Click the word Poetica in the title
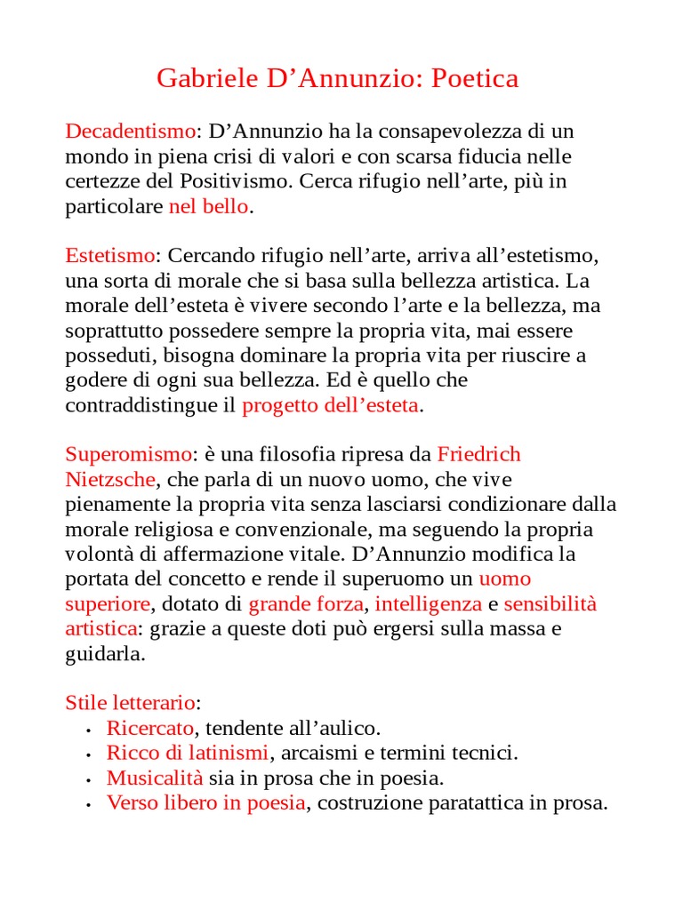coord(475,79)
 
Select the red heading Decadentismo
coord(130,132)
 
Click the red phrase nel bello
coord(208,207)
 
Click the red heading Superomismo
coord(128,455)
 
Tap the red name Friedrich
coord(478,455)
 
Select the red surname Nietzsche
coord(110,480)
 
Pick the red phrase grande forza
coord(305,604)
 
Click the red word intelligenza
coord(429,604)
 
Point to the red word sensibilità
coord(550,604)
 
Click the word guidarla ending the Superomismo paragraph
coord(104,654)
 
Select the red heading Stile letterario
coord(130,703)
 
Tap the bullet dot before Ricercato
coord(90,730)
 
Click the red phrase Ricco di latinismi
coord(187,754)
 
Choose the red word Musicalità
coord(155,778)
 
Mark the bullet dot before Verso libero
coord(90,804)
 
